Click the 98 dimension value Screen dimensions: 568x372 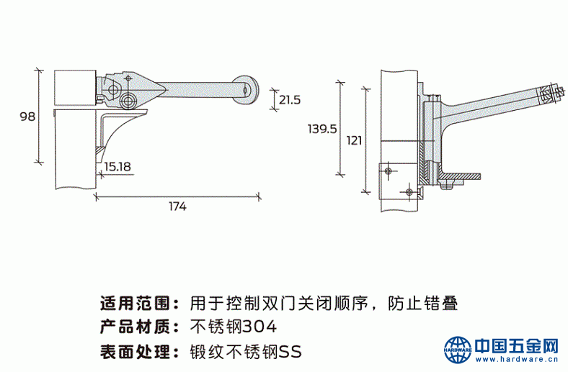pyautogui.click(x=27, y=117)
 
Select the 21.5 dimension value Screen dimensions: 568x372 pyautogui.click(x=290, y=100)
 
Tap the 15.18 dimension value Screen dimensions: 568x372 pyautogui.click(x=117, y=167)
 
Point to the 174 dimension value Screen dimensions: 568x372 pyautogui.click(x=177, y=207)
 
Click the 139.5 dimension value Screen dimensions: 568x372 pyautogui.click(x=322, y=129)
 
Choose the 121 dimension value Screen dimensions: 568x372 pyautogui.click(x=354, y=140)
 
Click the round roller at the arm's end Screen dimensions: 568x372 pyautogui.click(x=246, y=89)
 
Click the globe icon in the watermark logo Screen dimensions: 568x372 pyautogui.click(x=458, y=350)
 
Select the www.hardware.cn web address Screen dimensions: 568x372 pyautogui.click(x=517, y=359)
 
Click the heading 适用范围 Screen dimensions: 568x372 pyautogui.click(x=135, y=303)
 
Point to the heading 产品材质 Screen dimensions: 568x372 pyautogui.click(x=135, y=327)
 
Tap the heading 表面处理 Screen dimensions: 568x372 pyautogui.click(x=135, y=351)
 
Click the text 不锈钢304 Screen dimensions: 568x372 pyautogui.click(x=234, y=327)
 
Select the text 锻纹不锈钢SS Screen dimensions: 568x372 pyautogui.click(x=246, y=351)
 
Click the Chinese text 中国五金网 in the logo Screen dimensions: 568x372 pyautogui.click(x=517, y=345)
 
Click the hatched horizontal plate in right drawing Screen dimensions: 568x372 pyautogui.click(x=460, y=176)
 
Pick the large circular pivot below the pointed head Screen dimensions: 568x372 pyautogui.click(x=128, y=100)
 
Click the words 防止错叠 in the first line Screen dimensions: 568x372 pyautogui.click(x=422, y=303)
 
